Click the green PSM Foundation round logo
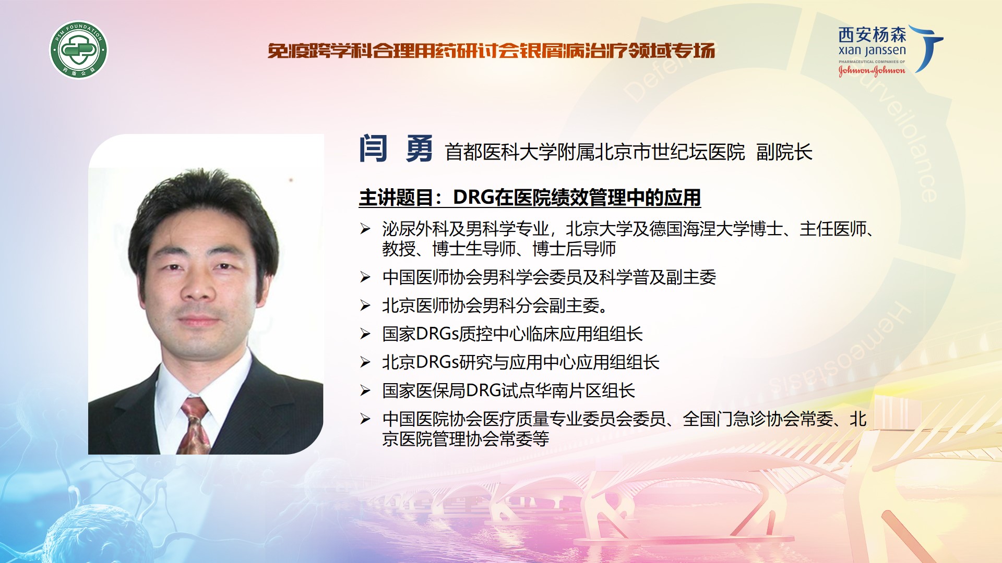pyautogui.click(x=78, y=50)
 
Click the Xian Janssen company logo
pyautogui.click(x=890, y=51)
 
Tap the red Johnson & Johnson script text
pyautogui.click(x=872, y=70)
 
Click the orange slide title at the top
pyautogui.click(x=491, y=51)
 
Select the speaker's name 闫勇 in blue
pyautogui.click(x=396, y=149)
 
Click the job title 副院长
pyautogui.click(x=784, y=152)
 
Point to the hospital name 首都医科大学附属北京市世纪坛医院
pyautogui.click(x=595, y=152)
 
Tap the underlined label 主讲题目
pyautogui.click(x=396, y=198)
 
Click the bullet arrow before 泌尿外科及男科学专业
pyautogui.click(x=365, y=228)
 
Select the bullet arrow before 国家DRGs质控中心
pyautogui.click(x=365, y=334)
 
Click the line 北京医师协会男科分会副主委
pyautogui.click(x=495, y=305)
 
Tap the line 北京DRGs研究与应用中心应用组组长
pyautogui.click(x=521, y=362)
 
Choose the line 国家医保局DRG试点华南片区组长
pyautogui.click(x=509, y=390)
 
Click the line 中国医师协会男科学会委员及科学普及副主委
pyautogui.click(x=549, y=277)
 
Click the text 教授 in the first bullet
pyautogui.click(x=399, y=249)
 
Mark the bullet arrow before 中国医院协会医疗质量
pyautogui.click(x=365, y=419)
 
